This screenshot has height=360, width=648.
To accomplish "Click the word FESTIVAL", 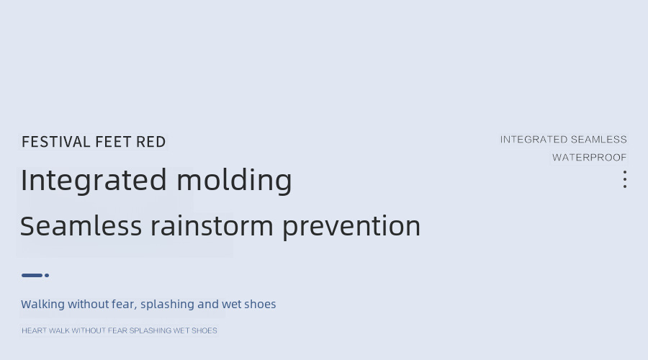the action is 55,142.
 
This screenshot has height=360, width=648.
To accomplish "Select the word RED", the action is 151,142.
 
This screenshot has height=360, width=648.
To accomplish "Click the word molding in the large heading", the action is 234,180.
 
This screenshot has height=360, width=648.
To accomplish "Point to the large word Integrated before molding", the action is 94,181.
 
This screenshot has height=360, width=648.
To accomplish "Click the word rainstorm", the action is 212,226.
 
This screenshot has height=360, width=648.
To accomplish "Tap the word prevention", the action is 351,227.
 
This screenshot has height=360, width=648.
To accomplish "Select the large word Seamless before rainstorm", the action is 81,226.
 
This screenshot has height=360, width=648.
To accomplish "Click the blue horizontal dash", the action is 32,275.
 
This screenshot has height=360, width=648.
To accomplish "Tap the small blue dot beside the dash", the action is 47,275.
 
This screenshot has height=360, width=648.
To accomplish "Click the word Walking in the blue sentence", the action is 43,305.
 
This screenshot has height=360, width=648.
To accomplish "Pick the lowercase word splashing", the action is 167,305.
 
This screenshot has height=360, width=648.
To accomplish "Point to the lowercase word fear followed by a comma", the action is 125,305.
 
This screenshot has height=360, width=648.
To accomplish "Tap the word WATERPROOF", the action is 589,158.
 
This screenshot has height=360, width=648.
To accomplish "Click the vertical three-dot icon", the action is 625,179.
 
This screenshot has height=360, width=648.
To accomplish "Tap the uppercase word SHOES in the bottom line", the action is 204,330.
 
